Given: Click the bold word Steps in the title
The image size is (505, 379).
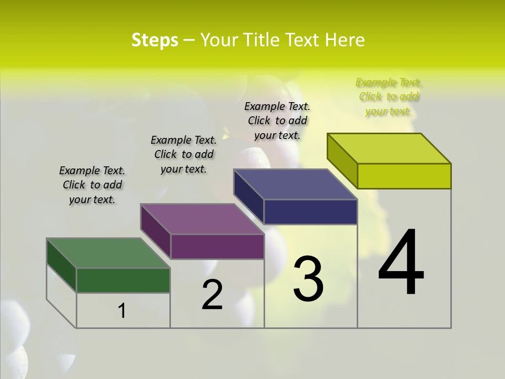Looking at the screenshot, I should coord(155,40).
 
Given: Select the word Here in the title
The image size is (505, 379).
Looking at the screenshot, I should coord(345,40).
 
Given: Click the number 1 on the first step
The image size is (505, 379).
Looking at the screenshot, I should coord(122,311).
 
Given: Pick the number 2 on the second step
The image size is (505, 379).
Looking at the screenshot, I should coord(212,295).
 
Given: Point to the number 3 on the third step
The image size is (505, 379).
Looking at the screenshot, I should coord(308,279).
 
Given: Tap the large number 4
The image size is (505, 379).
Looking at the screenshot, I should coord(401,263).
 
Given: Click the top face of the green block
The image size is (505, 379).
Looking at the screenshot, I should coord(108,253).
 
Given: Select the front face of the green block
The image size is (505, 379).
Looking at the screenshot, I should coord(123,280).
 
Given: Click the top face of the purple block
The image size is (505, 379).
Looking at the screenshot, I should coord(202,219).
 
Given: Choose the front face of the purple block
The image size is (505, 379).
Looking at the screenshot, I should coord(217,246).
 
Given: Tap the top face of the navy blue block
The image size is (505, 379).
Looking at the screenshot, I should coord(295,184).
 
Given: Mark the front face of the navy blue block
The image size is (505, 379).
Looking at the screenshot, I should coord(310,212).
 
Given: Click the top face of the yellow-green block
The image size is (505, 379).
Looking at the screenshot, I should coord(389,148).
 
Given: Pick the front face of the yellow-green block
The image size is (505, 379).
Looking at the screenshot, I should coord(404,176).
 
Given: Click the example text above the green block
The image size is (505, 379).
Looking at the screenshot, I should coord(92,185).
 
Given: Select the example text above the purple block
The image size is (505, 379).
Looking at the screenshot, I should coord(184,154).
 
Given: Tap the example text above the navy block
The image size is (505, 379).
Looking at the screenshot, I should coord(277,121).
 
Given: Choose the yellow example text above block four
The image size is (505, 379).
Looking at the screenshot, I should coord(389,96).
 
